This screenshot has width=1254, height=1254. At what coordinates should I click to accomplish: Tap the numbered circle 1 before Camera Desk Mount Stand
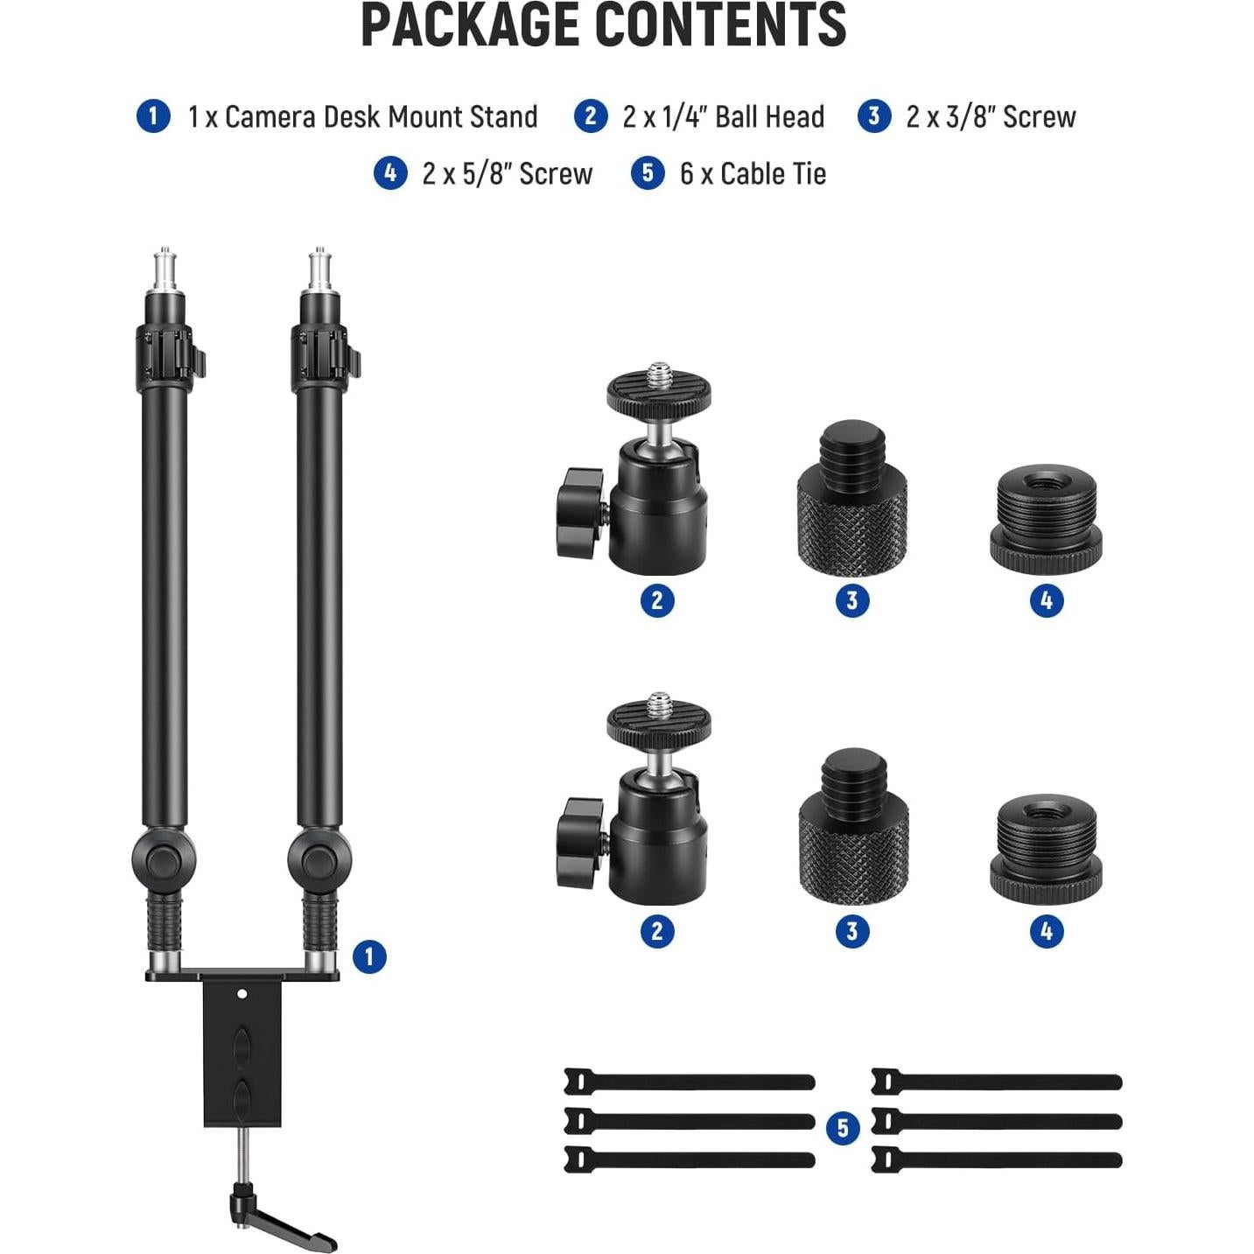153,116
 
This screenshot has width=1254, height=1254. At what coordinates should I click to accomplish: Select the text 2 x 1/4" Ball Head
723,116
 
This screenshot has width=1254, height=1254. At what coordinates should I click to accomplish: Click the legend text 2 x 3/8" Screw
991,116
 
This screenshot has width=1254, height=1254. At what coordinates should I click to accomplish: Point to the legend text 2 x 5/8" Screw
507,173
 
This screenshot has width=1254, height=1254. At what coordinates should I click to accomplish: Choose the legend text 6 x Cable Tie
753,173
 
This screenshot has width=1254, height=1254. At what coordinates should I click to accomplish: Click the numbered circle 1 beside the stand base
369,956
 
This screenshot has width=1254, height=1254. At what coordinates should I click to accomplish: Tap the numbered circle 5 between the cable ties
843,1127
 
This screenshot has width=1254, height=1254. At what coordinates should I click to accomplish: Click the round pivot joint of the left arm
164,862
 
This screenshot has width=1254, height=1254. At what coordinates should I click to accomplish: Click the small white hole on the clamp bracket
242,994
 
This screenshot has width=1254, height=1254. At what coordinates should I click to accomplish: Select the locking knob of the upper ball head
578,513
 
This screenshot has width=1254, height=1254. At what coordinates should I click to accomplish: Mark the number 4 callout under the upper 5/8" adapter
1046,600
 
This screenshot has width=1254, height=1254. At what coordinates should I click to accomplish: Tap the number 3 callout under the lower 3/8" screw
851,930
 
